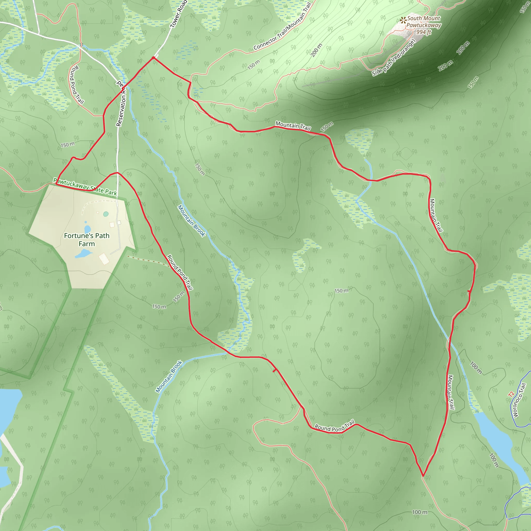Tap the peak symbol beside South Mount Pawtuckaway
pyautogui.click(x=403, y=20)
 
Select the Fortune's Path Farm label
pyautogui.click(x=87, y=240)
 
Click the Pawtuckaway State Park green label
pyautogui.click(x=85, y=187)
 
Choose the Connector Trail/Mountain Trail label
pyautogui.click(x=282, y=26)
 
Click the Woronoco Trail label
pyautogui.click(x=519, y=400)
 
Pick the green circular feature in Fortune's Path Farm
pyautogui.click(x=106, y=214)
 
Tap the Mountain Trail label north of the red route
pyautogui.click(x=293, y=126)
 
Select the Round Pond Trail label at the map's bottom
pyautogui.click(x=334, y=426)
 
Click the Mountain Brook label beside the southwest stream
pyautogui.click(x=169, y=376)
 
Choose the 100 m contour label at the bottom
pyautogui.click(x=420, y=512)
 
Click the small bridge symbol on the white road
pyautogui.click(x=81, y=45)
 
